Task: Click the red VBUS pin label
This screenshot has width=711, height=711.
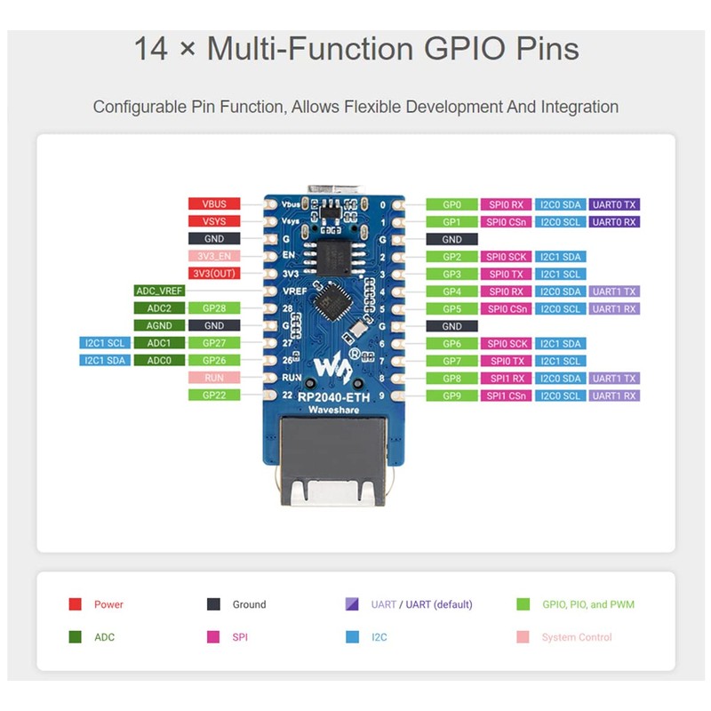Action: point(213,204)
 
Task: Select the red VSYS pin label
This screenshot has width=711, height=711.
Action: point(213,221)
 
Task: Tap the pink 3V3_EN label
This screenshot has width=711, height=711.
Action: point(213,256)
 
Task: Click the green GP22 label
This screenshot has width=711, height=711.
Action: point(213,395)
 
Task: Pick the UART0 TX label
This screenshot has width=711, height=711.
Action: point(614,204)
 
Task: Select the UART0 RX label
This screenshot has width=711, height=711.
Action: point(614,221)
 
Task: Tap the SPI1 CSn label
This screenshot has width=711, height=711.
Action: point(506,395)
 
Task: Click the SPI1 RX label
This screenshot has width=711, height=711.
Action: point(506,378)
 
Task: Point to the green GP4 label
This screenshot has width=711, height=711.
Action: point(451,291)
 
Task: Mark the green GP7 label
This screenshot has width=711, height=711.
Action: point(451,361)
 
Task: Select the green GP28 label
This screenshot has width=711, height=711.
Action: point(213,308)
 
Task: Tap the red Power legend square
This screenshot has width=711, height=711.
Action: point(76,604)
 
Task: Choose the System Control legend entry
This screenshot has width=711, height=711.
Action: point(576,637)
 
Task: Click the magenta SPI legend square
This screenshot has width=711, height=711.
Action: point(213,637)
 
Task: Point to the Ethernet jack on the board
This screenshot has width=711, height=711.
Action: point(333,467)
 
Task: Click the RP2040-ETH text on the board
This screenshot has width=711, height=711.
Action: point(333,396)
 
